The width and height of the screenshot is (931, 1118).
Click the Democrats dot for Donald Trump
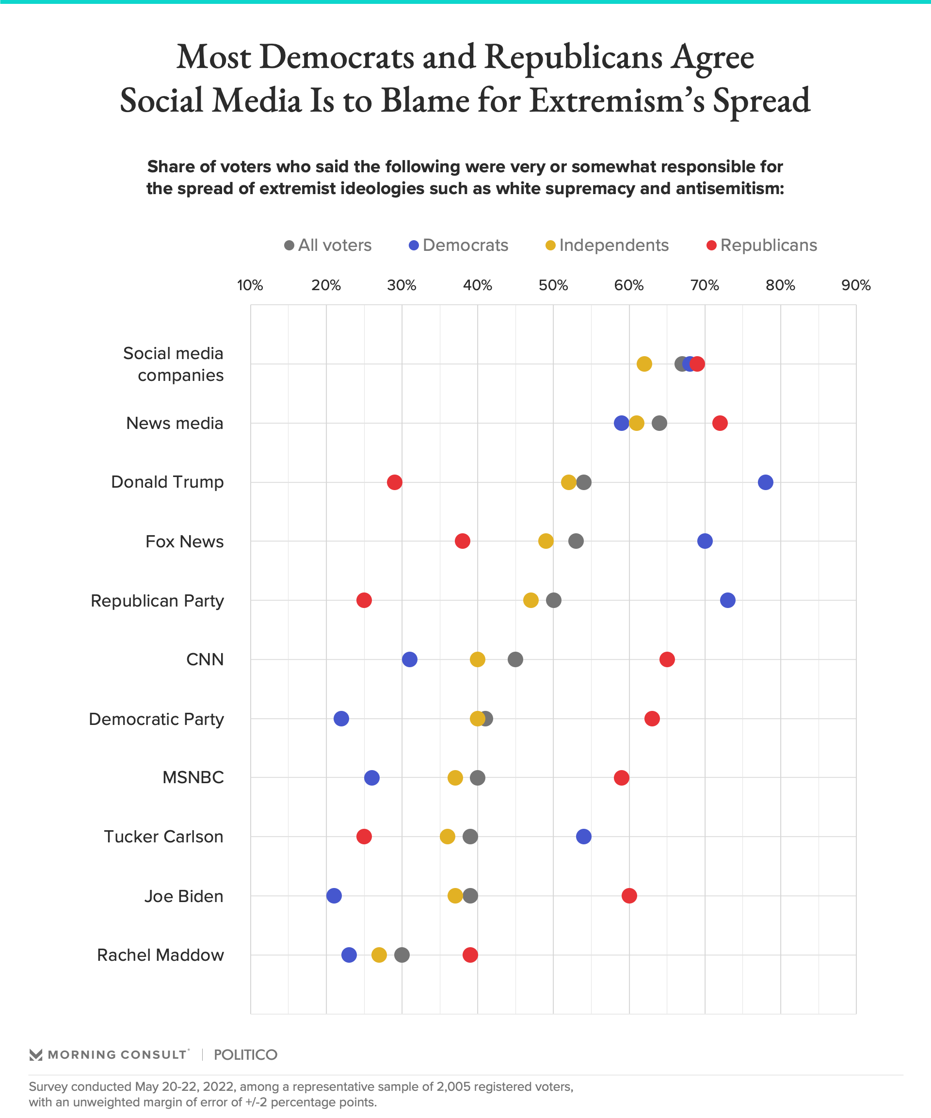pyautogui.click(x=765, y=482)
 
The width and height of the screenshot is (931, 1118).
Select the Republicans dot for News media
pyautogui.click(x=720, y=423)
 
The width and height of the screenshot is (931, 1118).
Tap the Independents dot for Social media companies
pyautogui.click(x=644, y=364)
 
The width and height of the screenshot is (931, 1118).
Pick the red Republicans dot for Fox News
pyautogui.click(x=462, y=542)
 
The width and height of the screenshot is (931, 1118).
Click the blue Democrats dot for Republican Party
pyautogui.click(x=728, y=601)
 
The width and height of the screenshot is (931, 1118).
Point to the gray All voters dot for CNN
pyautogui.click(x=515, y=659)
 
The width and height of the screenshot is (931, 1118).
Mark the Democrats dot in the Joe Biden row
pyautogui.click(x=334, y=896)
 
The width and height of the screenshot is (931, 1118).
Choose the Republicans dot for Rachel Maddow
pyautogui.click(x=470, y=955)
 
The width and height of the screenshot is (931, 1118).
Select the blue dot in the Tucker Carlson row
pyautogui.click(x=584, y=837)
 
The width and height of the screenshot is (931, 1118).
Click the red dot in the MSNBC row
pyautogui.click(x=621, y=778)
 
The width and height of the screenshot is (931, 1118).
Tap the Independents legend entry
pyautogui.click(x=607, y=246)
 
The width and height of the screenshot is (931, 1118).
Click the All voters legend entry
pyautogui.click(x=328, y=246)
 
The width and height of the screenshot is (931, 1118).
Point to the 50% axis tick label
pyautogui.click(x=553, y=285)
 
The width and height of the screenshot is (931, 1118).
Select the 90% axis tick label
pyautogui.click(x=856, y=285)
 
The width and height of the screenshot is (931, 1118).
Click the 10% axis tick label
pyautogui.click(x=250, y=285)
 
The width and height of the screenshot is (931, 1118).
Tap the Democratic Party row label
pyautogui.click(x=157, y=719)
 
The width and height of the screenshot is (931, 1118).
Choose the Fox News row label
pyautogui.click(x=185, y=542)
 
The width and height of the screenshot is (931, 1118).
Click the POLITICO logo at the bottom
pyautogui.click(x=245, y=1054)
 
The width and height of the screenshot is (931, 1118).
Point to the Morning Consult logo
pyautogui.click(x=109, y=1054)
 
